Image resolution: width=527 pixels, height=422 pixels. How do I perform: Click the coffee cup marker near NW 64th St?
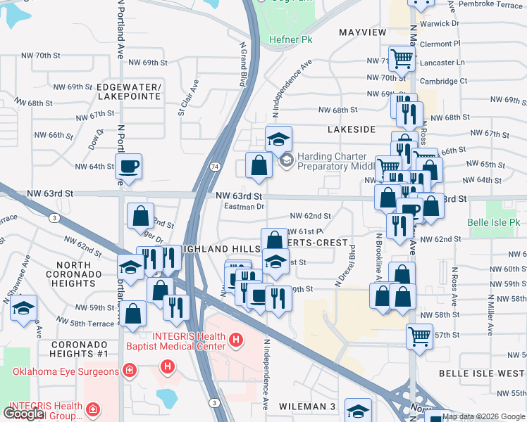[x=128, y=167]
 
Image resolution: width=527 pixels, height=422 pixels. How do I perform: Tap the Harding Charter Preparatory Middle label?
[x=331, y=161]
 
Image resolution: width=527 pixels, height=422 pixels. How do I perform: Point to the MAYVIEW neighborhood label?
[x=363, y=33]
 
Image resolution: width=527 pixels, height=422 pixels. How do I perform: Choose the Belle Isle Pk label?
[x=494, y=222]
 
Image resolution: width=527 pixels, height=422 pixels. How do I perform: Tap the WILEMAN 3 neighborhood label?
[x=307, y=407]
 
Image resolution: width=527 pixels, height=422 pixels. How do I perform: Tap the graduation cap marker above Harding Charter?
[x=278, y=137]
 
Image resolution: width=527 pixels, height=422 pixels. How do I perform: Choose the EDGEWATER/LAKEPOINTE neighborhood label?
[x=130, y=91]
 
